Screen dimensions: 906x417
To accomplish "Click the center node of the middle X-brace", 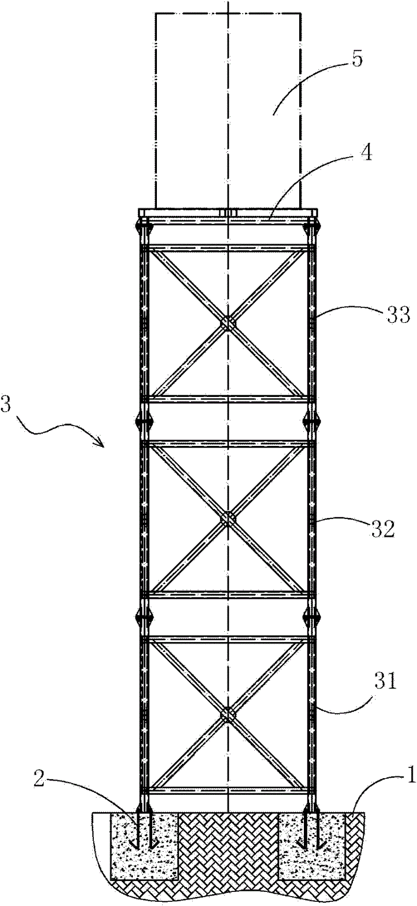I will pyautogui.click(x=228, y=519).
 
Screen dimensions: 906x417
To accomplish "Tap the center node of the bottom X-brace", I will pyautogui.click(x=228, y=715).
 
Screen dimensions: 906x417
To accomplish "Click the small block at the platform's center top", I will pyautogui.click(x=228, y=213).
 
